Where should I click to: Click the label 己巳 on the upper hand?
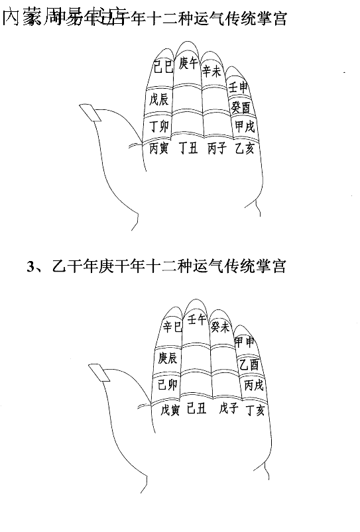[x=163, y=66]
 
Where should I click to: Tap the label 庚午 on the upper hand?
[x=188, y=63]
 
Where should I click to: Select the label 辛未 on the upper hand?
[x=211, y=71]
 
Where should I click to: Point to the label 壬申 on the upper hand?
[x=239, y=87]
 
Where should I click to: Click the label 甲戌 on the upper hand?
[x=244, y=126]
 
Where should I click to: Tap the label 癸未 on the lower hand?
[x=221, y=327]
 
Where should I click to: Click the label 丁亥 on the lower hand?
[x=255, y=410]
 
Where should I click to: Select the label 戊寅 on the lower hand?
[x=170, y=410]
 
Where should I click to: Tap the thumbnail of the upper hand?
[x=90, y=113]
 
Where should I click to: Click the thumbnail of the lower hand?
[x=99, y=372]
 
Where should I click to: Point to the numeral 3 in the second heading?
[x=30, y=267]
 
